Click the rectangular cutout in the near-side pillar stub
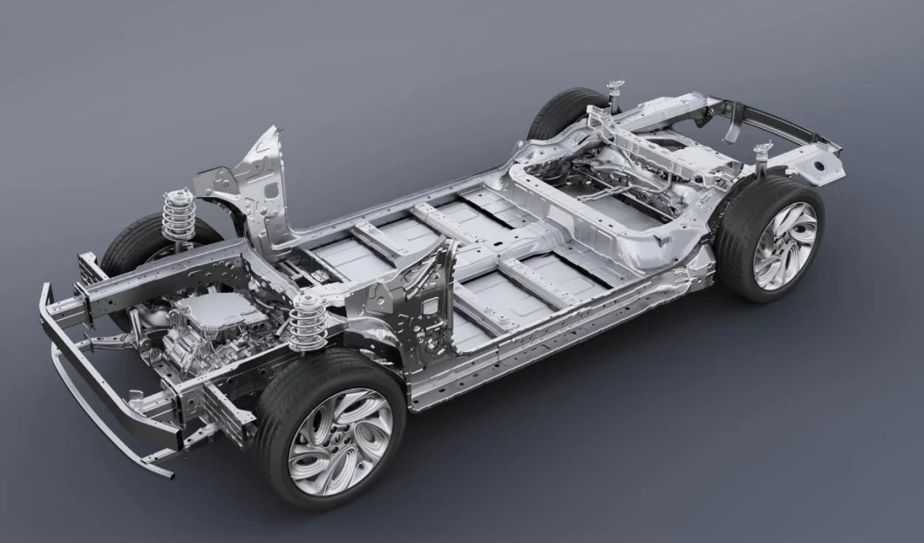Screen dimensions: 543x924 coord(431,306)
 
